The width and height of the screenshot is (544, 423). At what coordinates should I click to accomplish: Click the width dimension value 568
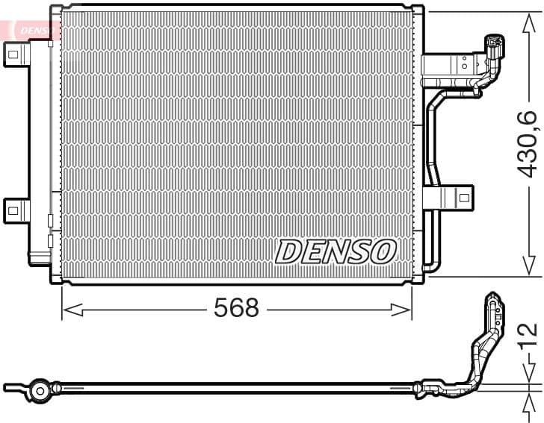pos(236,308)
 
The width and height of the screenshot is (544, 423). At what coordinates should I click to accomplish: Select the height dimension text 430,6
pos(528,142)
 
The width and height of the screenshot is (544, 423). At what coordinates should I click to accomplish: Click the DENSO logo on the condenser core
pos(336,252)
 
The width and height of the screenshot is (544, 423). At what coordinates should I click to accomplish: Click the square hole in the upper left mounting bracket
pos(13,53)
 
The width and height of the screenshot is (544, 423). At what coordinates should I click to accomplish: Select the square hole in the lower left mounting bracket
pos(13,210)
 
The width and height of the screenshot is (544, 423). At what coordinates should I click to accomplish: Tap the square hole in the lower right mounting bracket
pos(463,198)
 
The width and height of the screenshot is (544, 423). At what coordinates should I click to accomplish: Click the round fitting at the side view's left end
pos(39,389)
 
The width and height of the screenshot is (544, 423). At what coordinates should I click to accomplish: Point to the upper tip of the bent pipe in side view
pos(492,298)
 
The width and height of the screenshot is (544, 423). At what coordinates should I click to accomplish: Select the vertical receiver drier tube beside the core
pos(40,149)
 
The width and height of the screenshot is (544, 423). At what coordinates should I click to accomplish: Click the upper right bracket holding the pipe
pos(448,66)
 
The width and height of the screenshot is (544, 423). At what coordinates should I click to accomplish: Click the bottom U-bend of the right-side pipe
pos(429,266)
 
